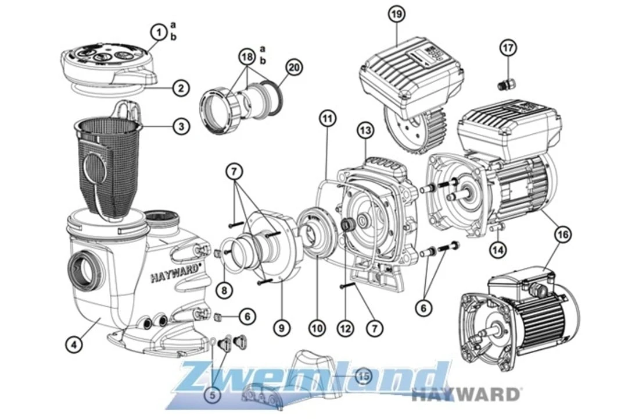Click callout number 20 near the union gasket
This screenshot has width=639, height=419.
(295, 68)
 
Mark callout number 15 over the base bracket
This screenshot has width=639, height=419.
(363, 377)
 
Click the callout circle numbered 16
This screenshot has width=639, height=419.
(562, 235)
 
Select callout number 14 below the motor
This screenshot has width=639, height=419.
(498, 250)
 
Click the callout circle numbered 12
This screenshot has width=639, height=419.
(345, 329)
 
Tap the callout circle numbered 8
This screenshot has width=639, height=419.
(226, 289)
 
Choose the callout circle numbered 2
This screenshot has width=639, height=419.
(181, 89)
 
